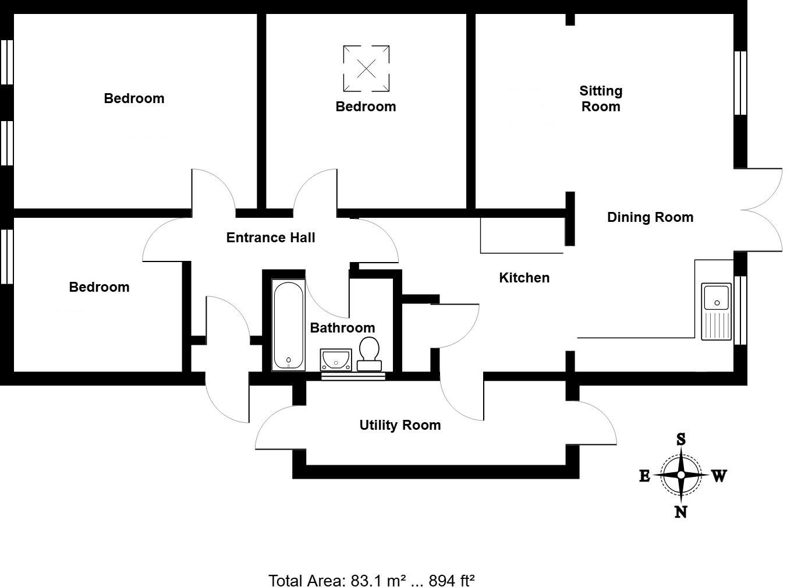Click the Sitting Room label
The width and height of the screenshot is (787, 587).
pyautogui.click(x=601, y=98)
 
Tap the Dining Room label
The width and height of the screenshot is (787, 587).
pyautogui.click(x=650, y=217)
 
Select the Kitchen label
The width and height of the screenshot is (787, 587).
pyautogui.click(x=524, y=278)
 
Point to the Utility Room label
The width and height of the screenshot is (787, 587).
pyautogui.click(x=400, y=425)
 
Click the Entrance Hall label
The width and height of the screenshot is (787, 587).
pyautogui.click(x=271, y=238)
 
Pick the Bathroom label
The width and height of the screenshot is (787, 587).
pyautogui.click(x=342, y=328)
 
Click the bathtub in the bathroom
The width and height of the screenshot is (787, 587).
pyautogui.click(x=289, y=326)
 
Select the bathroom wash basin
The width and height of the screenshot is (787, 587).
pyautogui.click(x=335, y=359)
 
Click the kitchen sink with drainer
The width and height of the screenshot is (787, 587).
pyautogui.click(x=716, y=311)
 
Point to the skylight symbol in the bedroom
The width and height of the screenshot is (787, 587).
pyautogui.click(x=366, y=69)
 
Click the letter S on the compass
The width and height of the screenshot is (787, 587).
pyautogui.click(x=680, y=439)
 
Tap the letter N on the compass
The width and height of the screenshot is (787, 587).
pyautogui.click(x=680, y=512)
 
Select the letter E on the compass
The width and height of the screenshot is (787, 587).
pyautogui.click(x=644, y=476)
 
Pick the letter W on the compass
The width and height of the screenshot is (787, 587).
pyautogui.click(x=719, y=476)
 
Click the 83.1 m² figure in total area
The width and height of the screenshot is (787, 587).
pyautogui.click(x=378, y=580)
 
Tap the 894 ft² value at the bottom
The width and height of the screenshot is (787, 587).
pyautogui.click(x=452, y=580)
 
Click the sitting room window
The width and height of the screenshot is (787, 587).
pyautogui.click(x=740, y=83)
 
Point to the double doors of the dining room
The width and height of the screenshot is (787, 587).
pyautogui.click(x=763, y=210)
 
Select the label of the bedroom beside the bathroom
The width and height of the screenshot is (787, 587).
pyautogui.click(x=99, y=287)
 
